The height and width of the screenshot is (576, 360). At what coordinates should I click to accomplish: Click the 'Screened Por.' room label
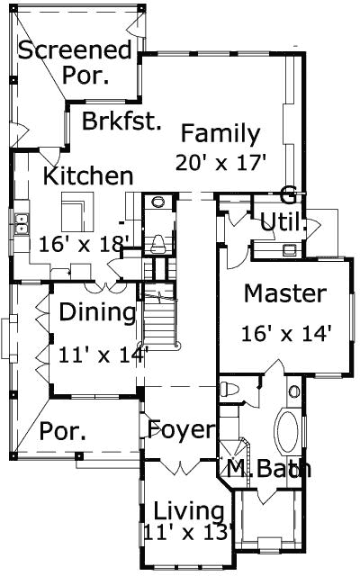[x=76, y=63]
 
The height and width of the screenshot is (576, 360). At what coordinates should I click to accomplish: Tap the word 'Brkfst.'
[x=121, y=121]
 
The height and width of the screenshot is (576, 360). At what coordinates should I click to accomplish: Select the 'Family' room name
[x=220, y=134]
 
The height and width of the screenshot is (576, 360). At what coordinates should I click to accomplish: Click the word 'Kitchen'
[x=88, y=175]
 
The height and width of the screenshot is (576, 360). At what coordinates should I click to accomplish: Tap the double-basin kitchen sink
[x=21, y=224]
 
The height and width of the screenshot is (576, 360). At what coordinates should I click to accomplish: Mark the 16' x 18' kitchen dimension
[x=85, y=242]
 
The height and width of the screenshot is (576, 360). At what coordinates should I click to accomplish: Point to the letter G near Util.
[x=288, y=194]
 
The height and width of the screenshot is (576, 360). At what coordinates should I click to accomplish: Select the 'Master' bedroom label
[x=284, y=292]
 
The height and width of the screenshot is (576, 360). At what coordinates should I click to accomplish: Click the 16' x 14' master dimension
[x=287, y=331]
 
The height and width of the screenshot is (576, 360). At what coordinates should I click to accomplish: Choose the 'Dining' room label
[x=98, y=312]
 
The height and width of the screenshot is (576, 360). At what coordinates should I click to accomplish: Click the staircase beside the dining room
[x=159, y=319]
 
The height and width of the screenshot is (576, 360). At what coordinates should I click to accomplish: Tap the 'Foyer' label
[x=182, y=427]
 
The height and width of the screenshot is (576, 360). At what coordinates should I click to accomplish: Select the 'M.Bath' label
[x=267, y=468]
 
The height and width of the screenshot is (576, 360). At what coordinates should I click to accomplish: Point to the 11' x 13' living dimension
[x=188, y=532]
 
